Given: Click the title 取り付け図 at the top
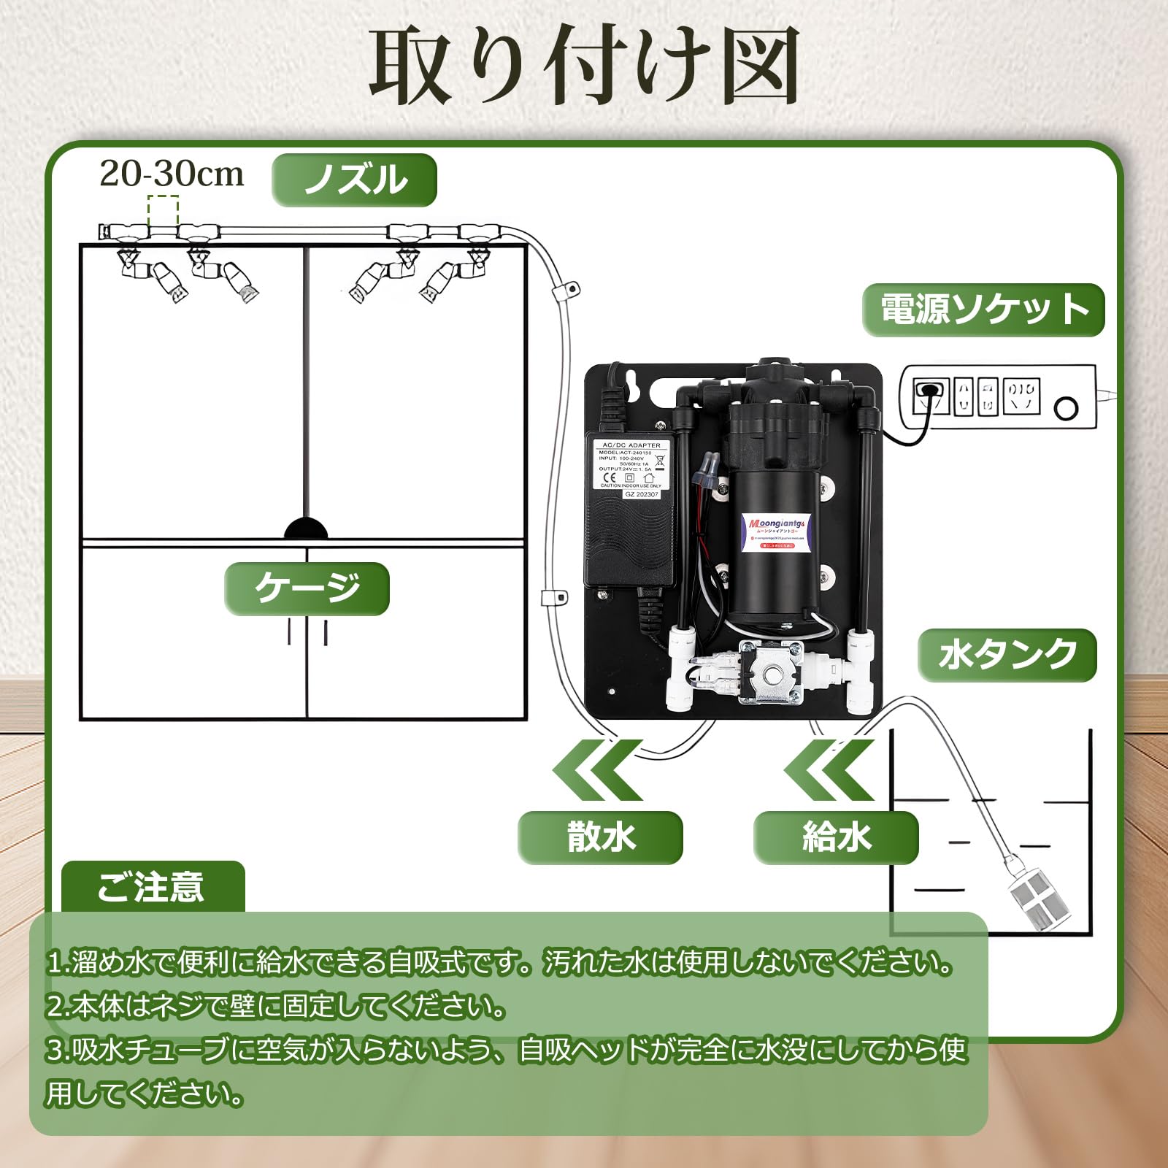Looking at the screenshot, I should pos(584,67).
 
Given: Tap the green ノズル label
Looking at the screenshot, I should pos(355,180).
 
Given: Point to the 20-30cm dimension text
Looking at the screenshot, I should pos(172,174).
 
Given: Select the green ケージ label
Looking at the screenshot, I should pos(307,588).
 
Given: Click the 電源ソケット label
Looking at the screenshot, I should pos(983,310).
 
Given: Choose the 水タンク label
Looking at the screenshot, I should pos(1007,655).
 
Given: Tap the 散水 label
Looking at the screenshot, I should pos(600,837).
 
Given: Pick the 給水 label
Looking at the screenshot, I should pos(836,837).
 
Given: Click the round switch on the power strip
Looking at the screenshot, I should pos(1067,407).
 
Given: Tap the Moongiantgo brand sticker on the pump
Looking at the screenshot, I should pos(778,529).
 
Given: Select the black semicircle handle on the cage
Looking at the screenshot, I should pos(306,529).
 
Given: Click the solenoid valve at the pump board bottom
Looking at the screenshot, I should pos(770,672).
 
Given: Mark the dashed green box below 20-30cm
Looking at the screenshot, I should pos(163,211).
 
